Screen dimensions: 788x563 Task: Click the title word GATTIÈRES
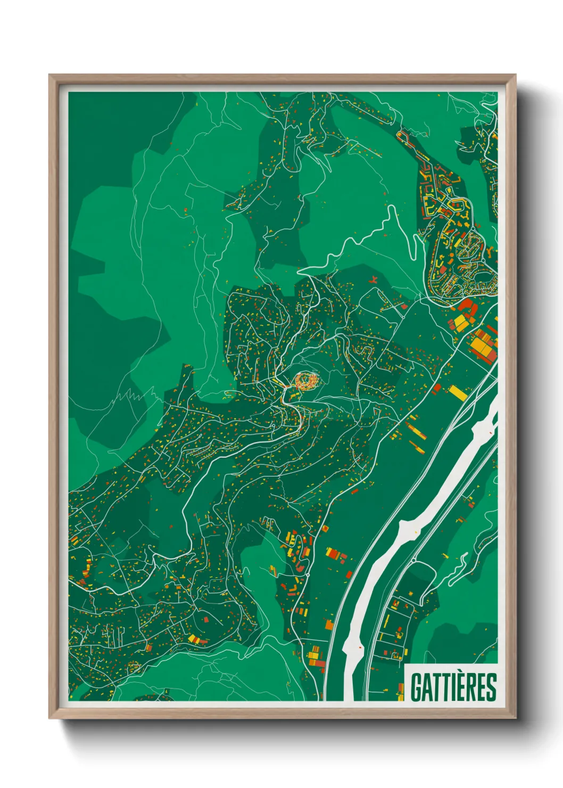tap(453, 687)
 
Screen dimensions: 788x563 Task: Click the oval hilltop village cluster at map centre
tap(306, 380)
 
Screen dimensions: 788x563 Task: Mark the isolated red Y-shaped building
tap(374, 279)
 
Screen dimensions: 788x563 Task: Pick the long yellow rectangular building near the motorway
tap(458, 393)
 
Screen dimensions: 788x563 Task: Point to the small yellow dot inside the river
tap(361, 646)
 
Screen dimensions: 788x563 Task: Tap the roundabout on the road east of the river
tap(413, 560)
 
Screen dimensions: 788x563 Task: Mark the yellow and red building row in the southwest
tap(196, 639)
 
